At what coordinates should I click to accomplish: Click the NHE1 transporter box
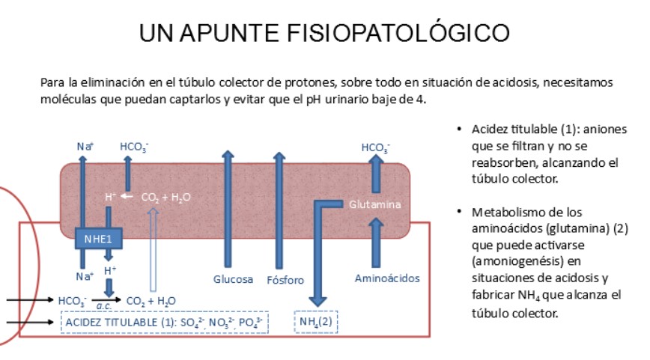click(x=97, y=240)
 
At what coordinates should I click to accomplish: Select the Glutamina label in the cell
click(x=374, y=204)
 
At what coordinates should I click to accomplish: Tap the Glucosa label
click(x=233, y=279)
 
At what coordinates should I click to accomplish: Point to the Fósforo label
click(x=285, y=281)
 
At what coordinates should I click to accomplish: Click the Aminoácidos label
click(x=386, y=278)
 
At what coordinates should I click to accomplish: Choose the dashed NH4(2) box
click(x=318, y=322)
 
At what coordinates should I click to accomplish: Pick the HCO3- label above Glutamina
click(x=376, y=147)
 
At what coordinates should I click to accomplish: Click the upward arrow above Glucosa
click(x=228, y=210)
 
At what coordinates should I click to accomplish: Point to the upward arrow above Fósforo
click(x=279, y=210)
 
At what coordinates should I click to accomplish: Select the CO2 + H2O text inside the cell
click(x=165, y=198)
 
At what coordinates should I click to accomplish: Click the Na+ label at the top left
click(x=85, y=147)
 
